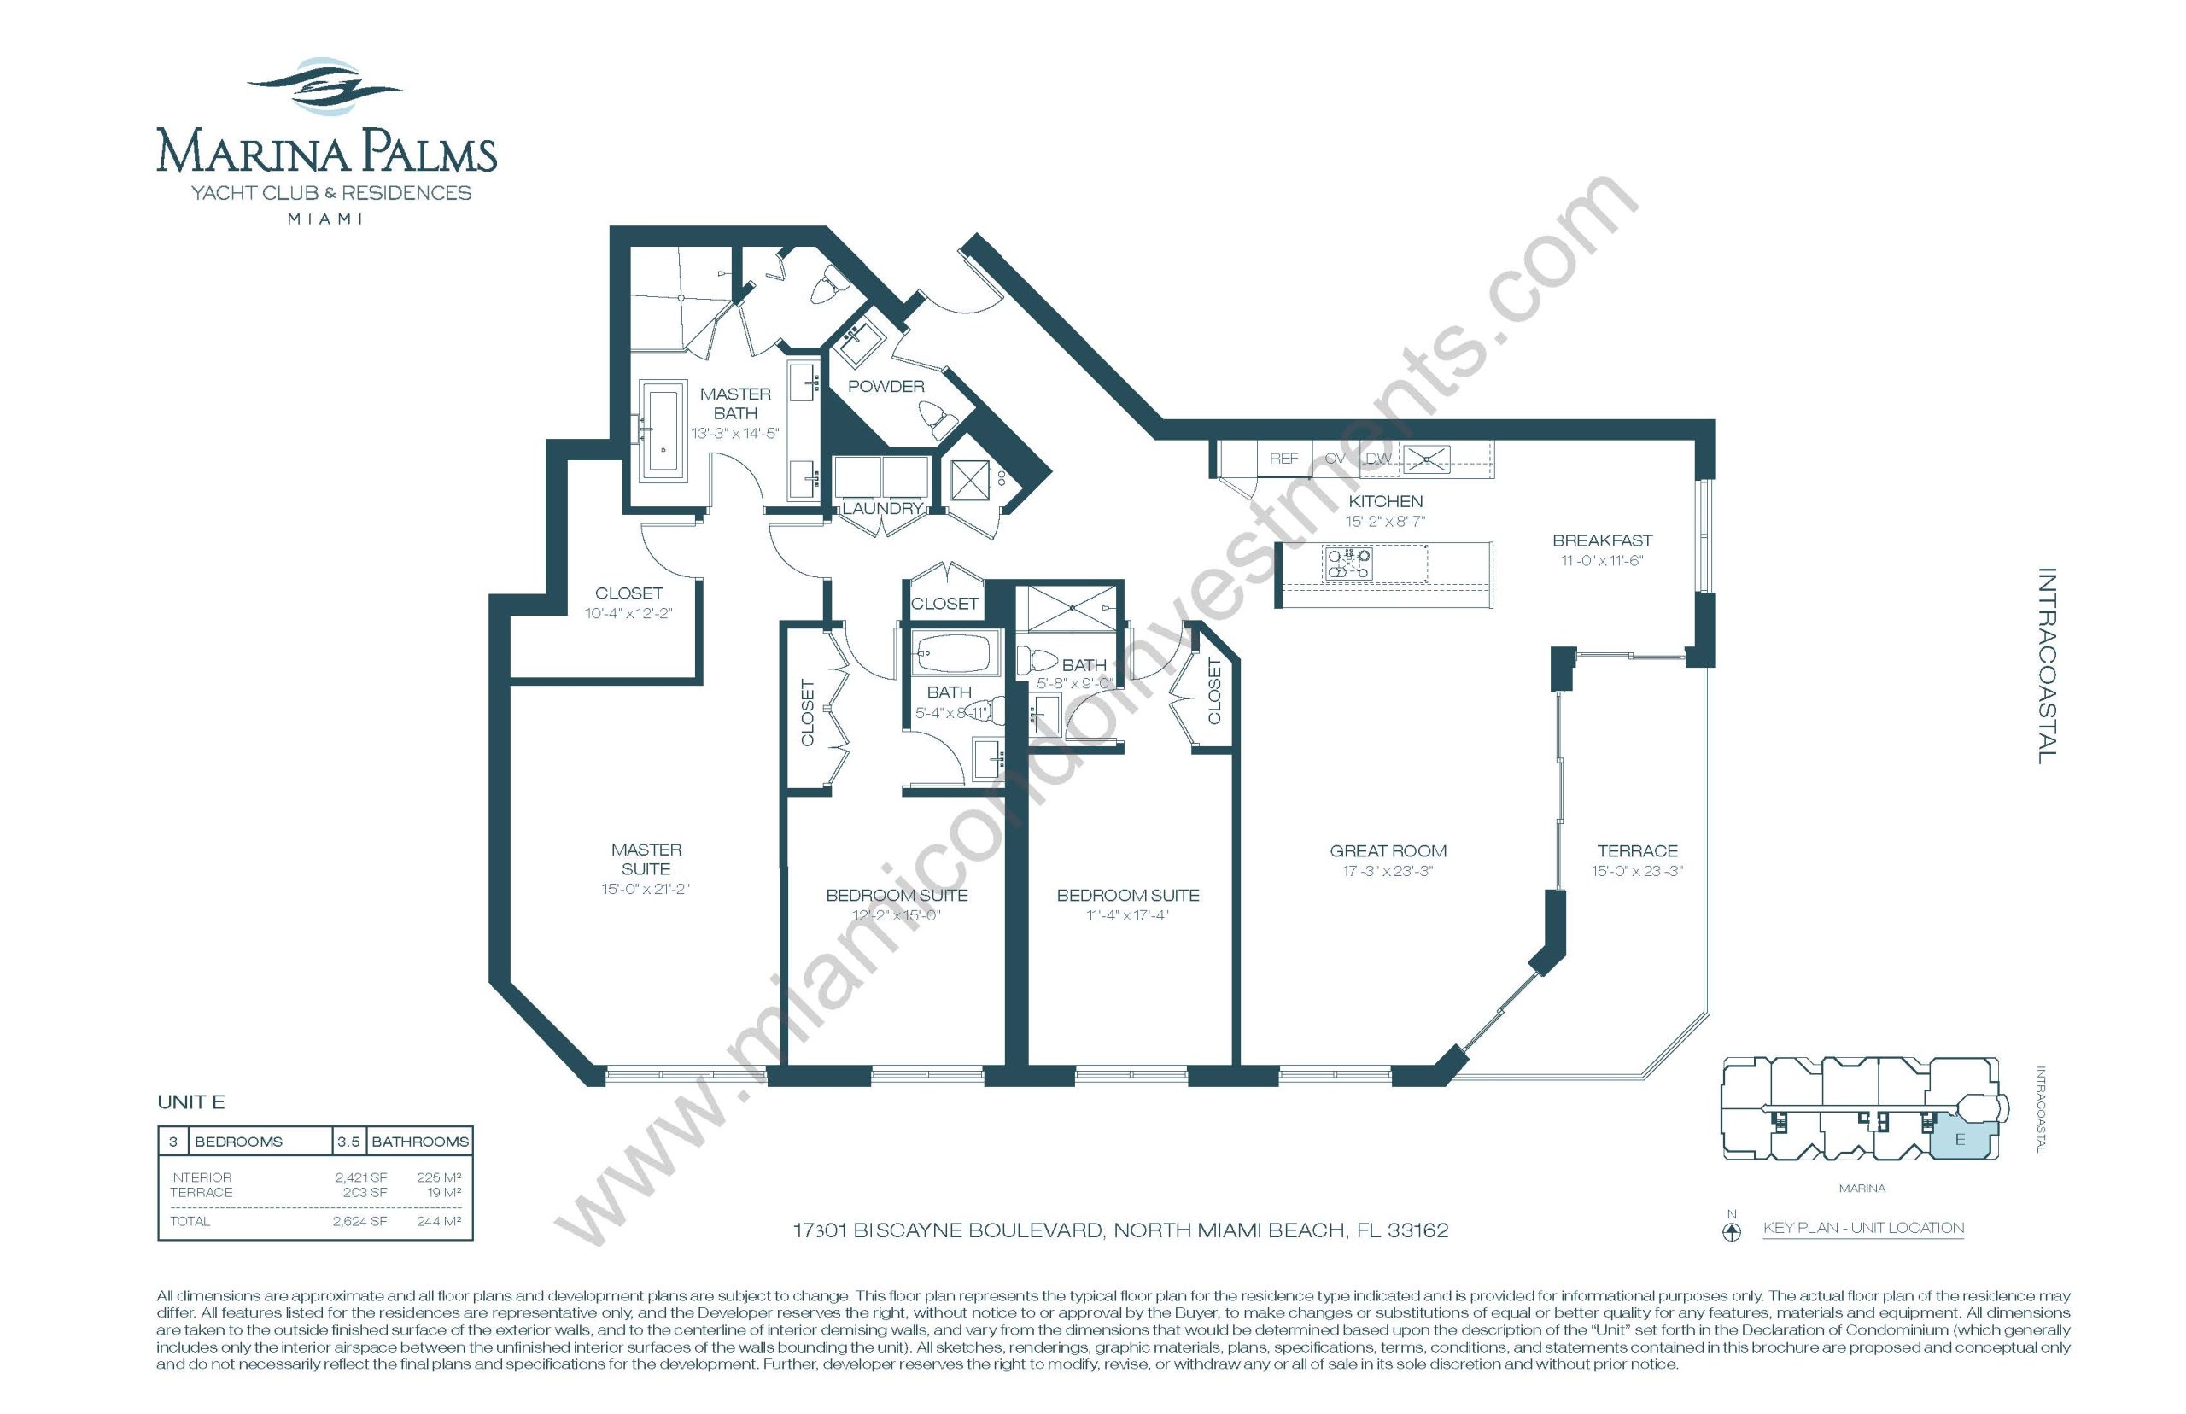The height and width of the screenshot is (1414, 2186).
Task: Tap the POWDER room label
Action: click(886, 387)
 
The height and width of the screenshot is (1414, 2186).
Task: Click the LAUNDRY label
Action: click(882, 509)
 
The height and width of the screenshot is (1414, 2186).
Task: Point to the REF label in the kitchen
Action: click(1283, 459)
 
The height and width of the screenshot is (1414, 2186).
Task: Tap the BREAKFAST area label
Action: click(1602, 540)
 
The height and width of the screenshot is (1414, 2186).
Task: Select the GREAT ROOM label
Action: click(1388, 851)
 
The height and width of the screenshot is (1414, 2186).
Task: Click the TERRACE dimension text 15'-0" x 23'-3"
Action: click(1637, 871)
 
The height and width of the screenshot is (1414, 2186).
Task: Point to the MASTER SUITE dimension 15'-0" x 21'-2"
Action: click(646, 889)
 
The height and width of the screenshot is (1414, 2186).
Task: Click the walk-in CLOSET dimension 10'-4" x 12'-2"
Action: click(628, 613)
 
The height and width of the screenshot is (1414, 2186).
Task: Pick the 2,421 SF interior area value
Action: click(361, 1177)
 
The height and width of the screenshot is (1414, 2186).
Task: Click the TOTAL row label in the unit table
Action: click(190, 1221)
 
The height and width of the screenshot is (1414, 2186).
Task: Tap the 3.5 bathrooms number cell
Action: click(349, 1142)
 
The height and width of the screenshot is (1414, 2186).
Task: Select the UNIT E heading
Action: click(191, 1101)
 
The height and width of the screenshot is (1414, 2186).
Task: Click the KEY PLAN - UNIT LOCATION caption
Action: click(1864, 1228)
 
